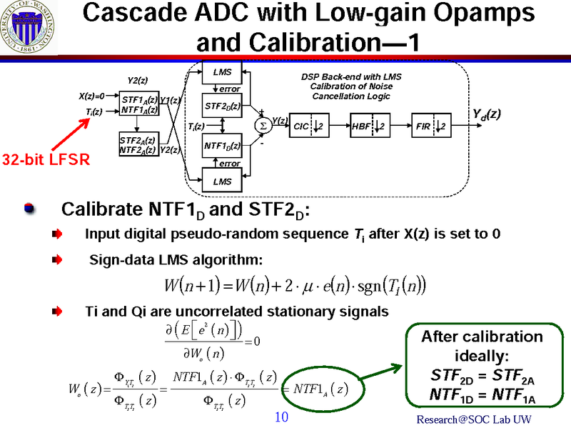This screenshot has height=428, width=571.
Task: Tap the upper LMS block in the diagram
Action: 223,71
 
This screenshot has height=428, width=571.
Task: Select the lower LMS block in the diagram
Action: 223,181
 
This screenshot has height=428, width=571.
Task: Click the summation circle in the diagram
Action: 261,126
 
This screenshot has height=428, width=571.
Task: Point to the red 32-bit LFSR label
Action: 44,159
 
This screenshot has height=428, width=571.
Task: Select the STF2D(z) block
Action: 223,106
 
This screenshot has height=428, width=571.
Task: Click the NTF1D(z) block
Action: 223,146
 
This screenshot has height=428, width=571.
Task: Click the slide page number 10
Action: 281,416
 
